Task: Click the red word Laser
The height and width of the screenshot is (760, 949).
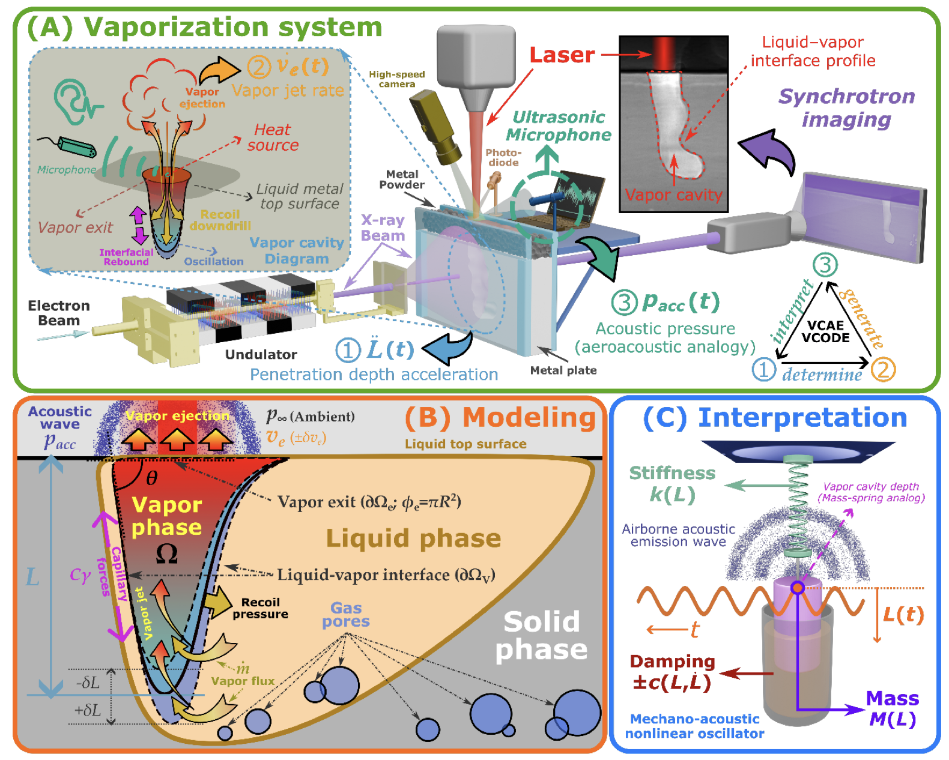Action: tap(562, 55)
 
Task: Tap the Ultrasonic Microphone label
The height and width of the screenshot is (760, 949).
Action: tap(559, 126)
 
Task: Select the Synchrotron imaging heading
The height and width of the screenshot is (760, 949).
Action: tap(846, 107)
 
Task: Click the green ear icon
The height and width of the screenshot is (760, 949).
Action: tap(75, 102)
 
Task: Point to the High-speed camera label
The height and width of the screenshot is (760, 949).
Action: tap(396, 79)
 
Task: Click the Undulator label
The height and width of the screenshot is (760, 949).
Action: tap(261, 355)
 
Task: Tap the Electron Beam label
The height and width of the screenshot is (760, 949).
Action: tap(59, 313)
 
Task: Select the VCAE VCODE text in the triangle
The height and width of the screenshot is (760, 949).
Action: tap(825, 331)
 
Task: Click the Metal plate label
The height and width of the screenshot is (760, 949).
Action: tap(563, 370)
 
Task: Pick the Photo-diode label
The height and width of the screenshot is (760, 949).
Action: tap(503, 158)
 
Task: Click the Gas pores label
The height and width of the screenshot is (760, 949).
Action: tap(346, 615)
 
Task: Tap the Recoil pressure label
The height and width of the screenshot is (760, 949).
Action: tap(260, 608)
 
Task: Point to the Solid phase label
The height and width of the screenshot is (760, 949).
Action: tap(541, 636)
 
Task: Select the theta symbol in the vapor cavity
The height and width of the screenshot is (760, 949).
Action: tap(152, 478)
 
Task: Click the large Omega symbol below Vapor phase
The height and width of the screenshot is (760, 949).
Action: tap(166, 553)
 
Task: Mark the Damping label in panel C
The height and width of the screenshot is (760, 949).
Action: tap(672, 662)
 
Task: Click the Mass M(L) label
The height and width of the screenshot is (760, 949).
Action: tap(893, 708)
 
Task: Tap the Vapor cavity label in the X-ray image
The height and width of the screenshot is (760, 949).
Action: tap(673, 195)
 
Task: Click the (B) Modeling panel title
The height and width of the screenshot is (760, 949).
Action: tap(500, 418)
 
